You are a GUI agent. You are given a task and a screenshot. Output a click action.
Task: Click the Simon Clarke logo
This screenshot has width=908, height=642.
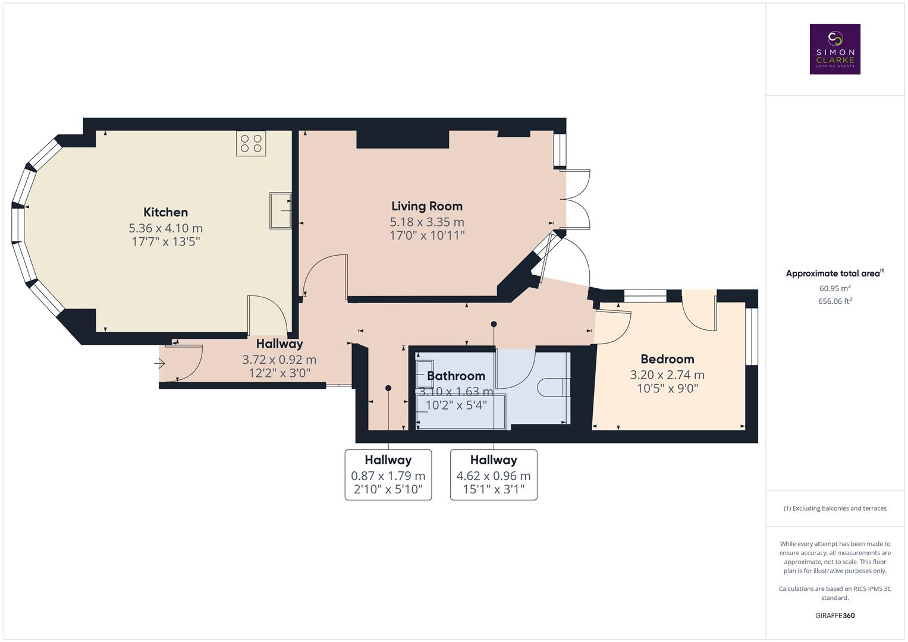click(834, 49)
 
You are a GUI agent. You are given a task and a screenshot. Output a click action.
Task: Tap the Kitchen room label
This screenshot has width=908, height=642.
click(165, 212)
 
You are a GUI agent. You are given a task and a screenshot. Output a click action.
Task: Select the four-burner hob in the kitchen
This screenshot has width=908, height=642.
click(251, 143)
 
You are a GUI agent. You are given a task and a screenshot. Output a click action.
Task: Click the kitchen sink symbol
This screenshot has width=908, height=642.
click(280, 210)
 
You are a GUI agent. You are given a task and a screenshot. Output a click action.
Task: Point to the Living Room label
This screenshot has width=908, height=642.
click(426, 206)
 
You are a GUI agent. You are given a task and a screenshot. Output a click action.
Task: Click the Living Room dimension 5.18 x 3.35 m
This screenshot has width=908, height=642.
click(426, 222)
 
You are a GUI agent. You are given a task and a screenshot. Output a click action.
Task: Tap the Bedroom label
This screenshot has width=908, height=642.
click(667, 359)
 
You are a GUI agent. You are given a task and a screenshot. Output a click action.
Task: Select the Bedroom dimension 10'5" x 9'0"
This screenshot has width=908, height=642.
click(667, 389)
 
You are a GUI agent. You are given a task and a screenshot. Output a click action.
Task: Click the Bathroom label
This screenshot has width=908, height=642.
click(455, 376)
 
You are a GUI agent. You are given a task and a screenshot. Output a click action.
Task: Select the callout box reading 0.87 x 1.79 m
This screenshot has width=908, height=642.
click(388, 475)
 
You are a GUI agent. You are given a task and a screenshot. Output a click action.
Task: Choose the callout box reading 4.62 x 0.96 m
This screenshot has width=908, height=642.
click(493, 475)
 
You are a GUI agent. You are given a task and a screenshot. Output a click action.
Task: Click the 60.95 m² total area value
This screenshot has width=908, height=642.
click(834, 288)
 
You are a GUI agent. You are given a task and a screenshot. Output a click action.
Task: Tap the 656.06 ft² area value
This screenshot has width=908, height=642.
click(834, 301)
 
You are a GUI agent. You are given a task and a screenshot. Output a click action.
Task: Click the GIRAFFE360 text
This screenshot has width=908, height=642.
click(834, 615)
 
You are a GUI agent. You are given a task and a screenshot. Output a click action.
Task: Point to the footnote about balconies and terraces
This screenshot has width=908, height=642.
click(834, 508)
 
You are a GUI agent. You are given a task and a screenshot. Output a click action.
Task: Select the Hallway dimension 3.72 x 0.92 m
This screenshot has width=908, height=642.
click(279, 360)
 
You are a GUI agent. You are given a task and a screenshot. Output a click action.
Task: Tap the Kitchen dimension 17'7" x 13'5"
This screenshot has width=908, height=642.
click(165, 242)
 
